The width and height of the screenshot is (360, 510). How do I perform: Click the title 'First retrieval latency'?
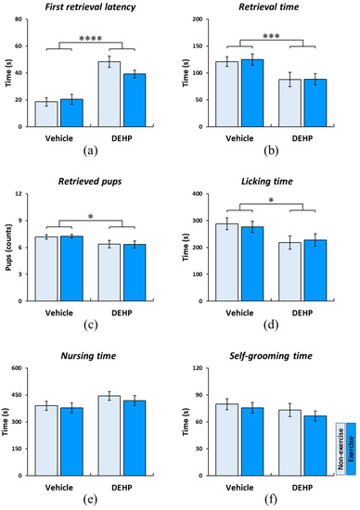tap(91, 8)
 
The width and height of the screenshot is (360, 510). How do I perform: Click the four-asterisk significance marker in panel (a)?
tap(91, 37)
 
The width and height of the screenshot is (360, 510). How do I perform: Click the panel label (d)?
tap(271, 325)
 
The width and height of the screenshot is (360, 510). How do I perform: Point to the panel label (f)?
tap(271, 500)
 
